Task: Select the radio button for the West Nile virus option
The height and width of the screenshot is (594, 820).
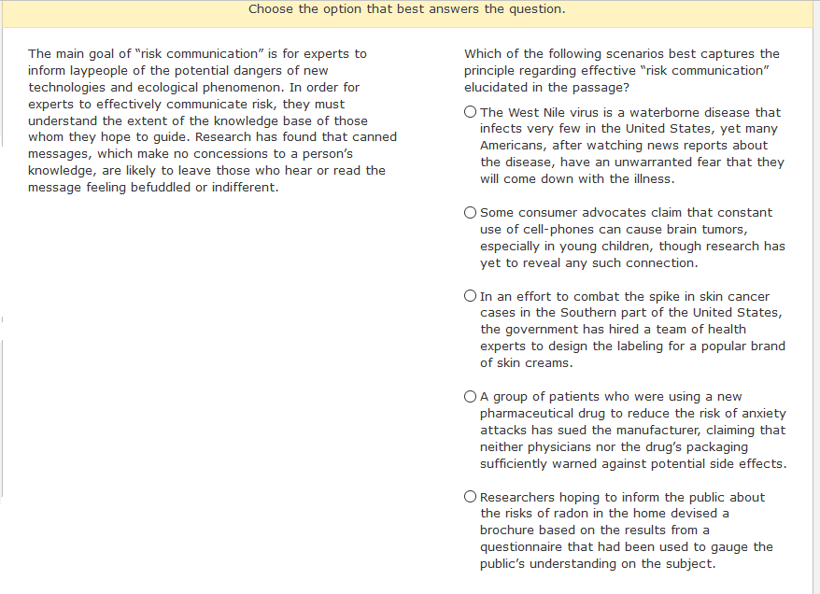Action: click(471, 113)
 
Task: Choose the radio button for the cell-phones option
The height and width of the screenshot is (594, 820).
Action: click(471, 213)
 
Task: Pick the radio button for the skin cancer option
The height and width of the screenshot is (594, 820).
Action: click(471, 296)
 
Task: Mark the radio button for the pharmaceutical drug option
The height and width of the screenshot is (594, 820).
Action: click(471, 397)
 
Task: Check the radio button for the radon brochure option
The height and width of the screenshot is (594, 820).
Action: click(471, 498)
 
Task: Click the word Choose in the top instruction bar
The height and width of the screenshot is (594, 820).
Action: click(272, 9)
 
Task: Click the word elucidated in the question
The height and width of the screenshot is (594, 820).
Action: click(502, 88)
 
